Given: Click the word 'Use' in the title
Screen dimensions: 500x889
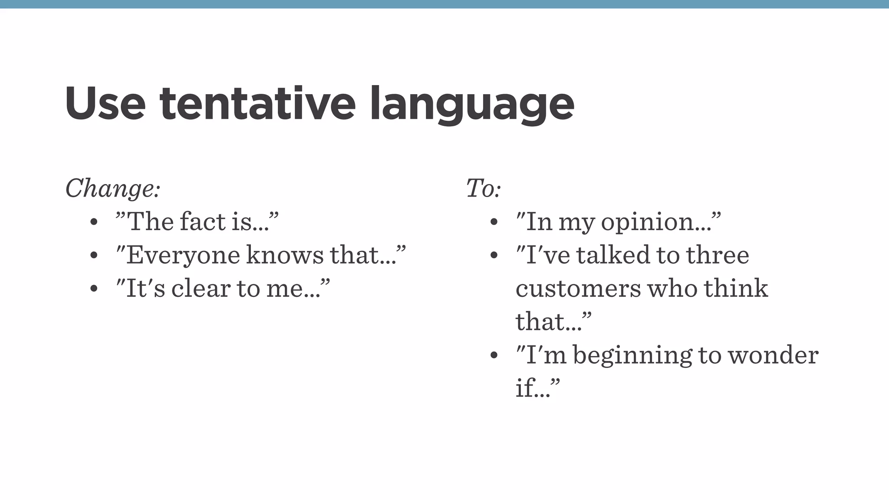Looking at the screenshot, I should click(x=105, y=104).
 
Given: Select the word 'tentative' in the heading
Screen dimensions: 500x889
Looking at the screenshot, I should click(x=257, y=104).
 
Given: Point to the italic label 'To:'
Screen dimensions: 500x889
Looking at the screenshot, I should click(x=483, y=189).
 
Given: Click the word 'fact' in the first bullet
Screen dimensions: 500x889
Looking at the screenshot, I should click(x=203, y=221).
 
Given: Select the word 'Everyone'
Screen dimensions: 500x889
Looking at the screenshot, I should click(x=183, y=255).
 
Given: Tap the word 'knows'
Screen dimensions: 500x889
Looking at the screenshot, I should click(x=285, y=255).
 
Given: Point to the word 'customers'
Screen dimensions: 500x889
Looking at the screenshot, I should click(x=578, y=288).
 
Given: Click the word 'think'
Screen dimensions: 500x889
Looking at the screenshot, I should click(x=735, y=288).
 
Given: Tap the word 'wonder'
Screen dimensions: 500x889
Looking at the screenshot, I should click(x=773, y=355).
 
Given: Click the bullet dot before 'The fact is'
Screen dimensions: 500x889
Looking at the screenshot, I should click(x=94, y=223).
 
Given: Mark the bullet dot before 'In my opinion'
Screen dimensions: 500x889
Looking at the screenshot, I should click(x=494, y=223).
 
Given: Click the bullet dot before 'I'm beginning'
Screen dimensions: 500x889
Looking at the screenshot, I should click(x=494, y=355).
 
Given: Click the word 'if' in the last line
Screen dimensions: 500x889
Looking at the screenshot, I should click(x=524, y=387).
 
